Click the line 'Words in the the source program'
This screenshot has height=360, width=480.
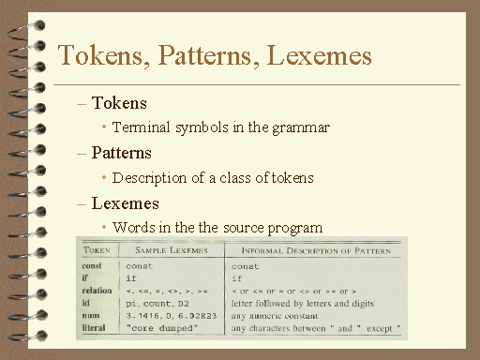point(217,227)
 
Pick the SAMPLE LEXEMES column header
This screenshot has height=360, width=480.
point(172,250)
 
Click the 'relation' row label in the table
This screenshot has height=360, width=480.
point(97,291)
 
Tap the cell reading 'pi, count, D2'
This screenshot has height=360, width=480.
point(157,304)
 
